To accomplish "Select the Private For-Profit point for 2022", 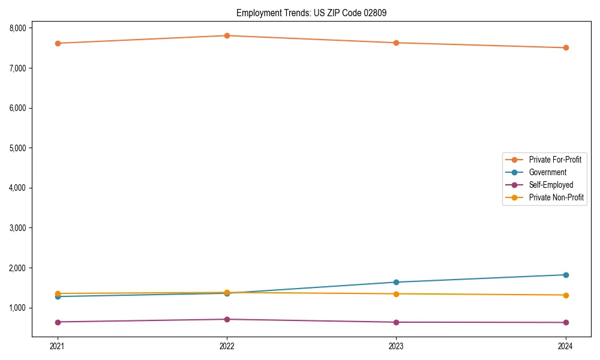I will (227, 35).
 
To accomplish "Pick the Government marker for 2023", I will (397, 282).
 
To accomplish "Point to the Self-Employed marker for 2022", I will (227, 319).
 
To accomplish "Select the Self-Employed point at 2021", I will (58, 322).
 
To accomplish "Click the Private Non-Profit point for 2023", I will (397, 294).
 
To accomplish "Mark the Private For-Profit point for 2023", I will (397, 43).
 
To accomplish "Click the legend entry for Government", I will (547, 172).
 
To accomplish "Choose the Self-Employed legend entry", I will (551, 185).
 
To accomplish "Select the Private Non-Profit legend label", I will (556, 197).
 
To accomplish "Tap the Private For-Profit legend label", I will (555, 160).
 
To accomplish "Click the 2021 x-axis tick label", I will (58, 346).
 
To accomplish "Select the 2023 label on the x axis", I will (397, 346).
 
